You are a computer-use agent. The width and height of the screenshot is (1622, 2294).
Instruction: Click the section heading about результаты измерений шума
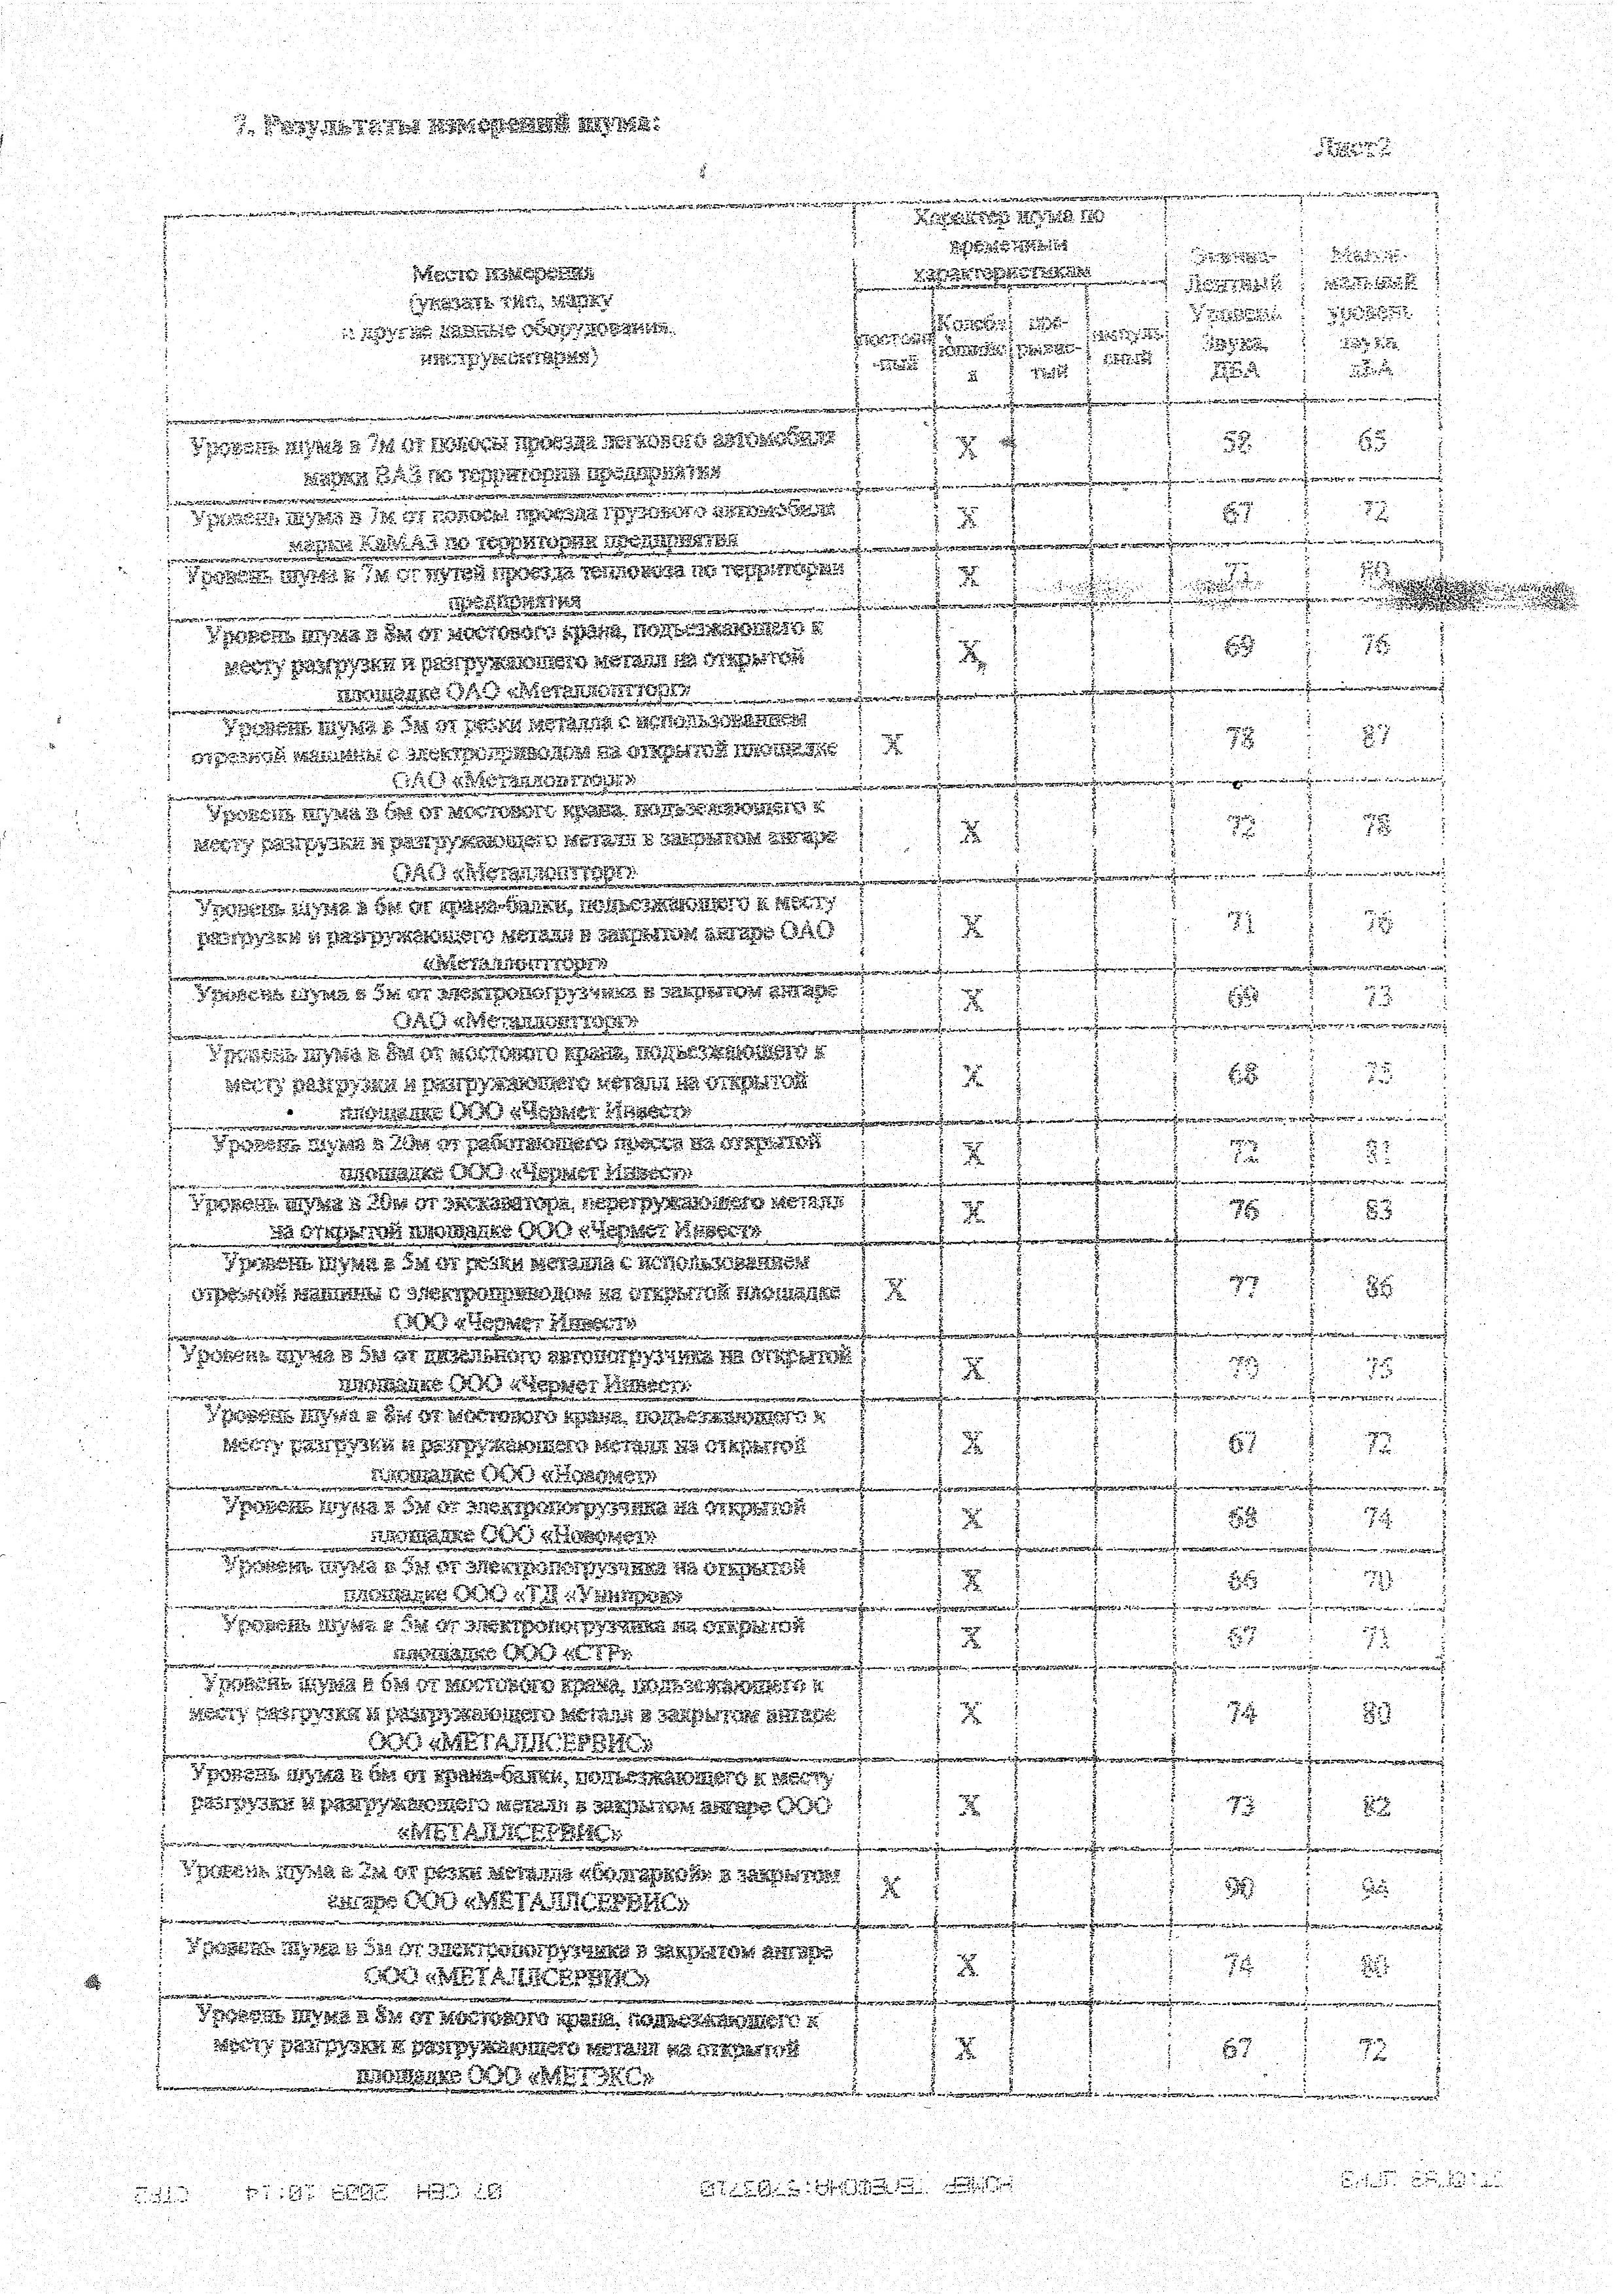pyautogui.click(x=447, y=126)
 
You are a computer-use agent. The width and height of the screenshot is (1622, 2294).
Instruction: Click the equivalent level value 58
pyautogui.click(x=1237, y=441)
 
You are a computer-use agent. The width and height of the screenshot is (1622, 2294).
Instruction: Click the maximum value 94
pyautogui.click(x=1375, y=1887)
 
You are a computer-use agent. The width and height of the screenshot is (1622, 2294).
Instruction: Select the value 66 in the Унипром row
pyautogui.click(x=1241, y=1580)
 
